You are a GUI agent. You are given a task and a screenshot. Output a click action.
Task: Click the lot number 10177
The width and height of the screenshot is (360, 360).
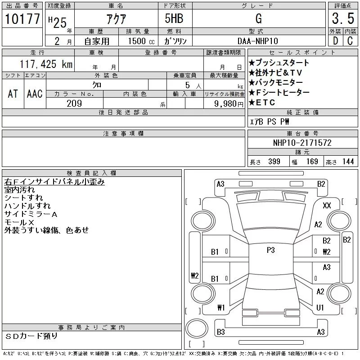pyautogui.click(x=22, y=19)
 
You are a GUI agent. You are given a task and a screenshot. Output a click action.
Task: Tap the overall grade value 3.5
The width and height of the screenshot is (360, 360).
pyautogui.click(x=343, y=18)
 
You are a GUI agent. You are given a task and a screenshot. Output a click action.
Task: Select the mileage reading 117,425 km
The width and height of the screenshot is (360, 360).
pyautogui.click(x=46, y=64)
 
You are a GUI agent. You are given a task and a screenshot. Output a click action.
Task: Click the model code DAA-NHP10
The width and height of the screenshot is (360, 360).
pyautogui.click(x=257, y=41)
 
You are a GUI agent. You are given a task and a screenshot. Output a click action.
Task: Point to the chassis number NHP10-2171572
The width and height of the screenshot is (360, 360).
pyautogui.click(x=302, y=143)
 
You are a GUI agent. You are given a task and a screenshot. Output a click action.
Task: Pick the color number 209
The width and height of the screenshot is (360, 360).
pyautogui.click(x=74, y=103)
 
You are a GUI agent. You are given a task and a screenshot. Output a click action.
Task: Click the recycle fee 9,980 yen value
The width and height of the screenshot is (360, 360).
pyautogui.click(x=229, y=104)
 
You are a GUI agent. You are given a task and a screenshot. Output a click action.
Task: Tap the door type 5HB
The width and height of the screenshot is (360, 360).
pyautogui.click(x=174, y=18)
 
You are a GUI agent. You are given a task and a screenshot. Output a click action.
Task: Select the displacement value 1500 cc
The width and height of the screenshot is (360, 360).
pyautogui.click(x=141, y=41)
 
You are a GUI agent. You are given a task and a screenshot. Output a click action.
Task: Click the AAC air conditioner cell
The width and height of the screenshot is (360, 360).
pyautogui.click(x=35, y=94)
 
